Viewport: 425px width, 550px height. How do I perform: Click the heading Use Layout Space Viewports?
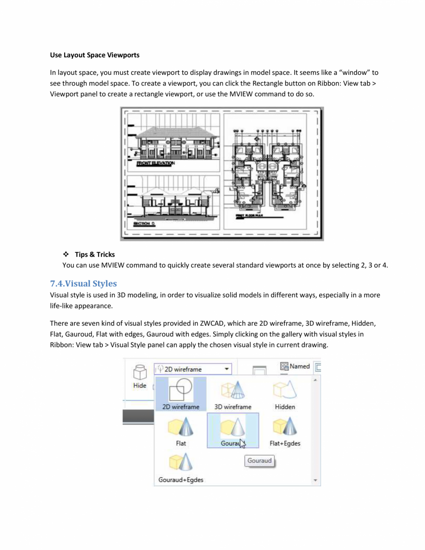point(94,55)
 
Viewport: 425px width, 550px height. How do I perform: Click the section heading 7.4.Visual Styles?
point(83,283)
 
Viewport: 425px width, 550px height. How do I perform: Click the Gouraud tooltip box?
point(259,461)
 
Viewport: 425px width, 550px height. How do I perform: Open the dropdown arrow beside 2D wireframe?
point(227,369)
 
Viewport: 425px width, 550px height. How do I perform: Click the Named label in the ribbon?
point(300,367)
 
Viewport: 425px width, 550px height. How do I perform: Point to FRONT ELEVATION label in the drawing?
point(156,163)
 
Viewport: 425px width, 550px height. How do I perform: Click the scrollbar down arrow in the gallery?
point(315,481)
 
